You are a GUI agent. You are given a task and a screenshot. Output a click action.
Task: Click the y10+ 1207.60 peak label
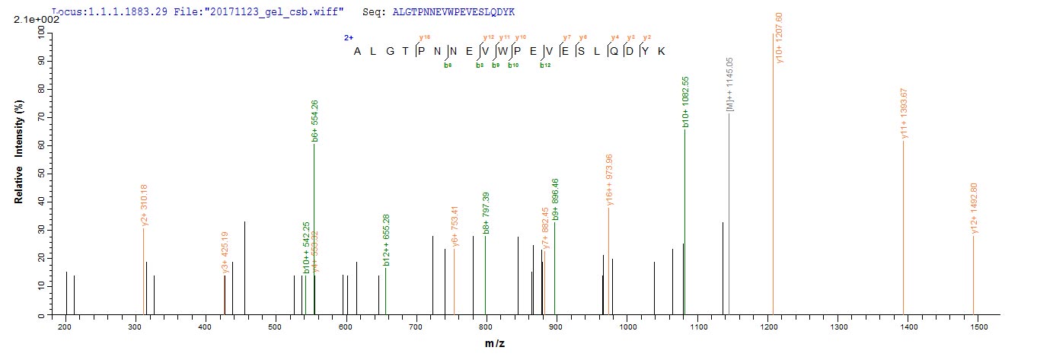tap(778, 38)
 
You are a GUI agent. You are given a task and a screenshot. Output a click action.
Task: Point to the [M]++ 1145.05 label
tap(729, 84)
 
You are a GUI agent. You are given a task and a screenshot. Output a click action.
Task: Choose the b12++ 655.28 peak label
tap(386, 243)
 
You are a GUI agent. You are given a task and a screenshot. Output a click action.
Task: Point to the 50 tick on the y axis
tap(55, 174)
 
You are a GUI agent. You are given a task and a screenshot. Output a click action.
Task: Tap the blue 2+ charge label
tap(347, 37)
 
